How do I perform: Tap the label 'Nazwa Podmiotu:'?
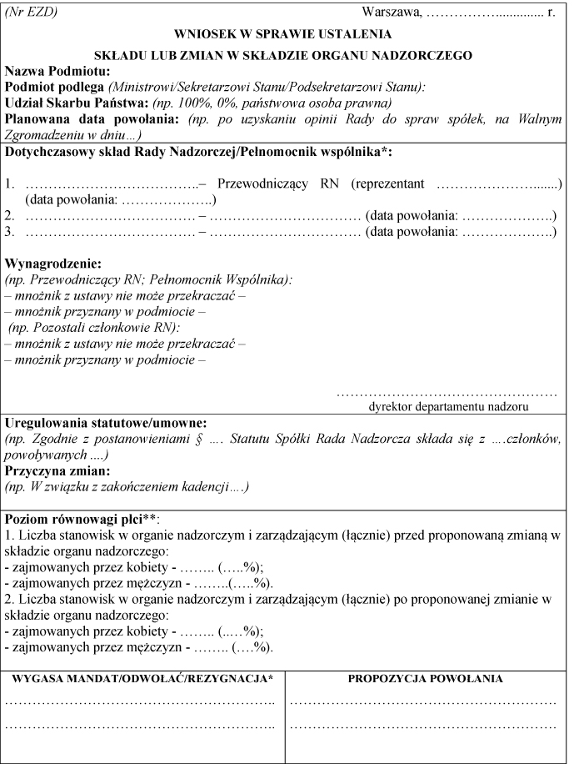point(52,72)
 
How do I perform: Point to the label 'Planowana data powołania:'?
point(82,119)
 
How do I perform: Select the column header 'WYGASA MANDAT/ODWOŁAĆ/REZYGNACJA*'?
point(142,679)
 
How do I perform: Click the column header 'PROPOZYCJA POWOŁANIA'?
point(424,679)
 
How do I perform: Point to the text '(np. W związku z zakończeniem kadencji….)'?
point(127,485)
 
